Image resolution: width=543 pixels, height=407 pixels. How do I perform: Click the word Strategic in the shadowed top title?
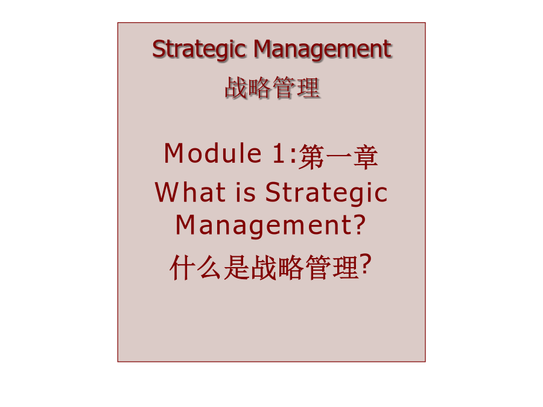[198, 50]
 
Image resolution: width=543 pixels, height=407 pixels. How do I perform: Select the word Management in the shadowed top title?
[322, 50]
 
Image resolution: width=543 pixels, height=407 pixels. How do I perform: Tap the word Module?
[212, 153]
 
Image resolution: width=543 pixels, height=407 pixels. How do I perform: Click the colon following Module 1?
[293, 156]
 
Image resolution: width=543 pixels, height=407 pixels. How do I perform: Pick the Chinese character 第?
[311, 157]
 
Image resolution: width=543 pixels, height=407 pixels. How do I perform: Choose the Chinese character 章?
[366, 157]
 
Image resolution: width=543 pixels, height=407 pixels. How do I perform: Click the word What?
[190, 192]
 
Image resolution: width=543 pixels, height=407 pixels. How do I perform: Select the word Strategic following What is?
[326, 194]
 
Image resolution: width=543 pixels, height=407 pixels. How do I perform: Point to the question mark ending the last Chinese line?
[366, 265]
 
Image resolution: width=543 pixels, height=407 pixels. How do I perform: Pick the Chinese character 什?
[182, 267]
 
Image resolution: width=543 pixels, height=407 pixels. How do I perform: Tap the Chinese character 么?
[209, 267]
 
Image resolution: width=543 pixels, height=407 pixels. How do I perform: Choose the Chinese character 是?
[237, 267]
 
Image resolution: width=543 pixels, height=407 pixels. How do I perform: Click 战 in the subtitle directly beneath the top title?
[236, 87]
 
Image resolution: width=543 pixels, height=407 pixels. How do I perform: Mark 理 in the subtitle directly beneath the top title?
[308, 87]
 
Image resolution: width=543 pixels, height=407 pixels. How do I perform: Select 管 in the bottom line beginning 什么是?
[318, 267]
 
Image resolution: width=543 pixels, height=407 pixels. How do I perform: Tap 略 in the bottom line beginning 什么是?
[291, 267]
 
